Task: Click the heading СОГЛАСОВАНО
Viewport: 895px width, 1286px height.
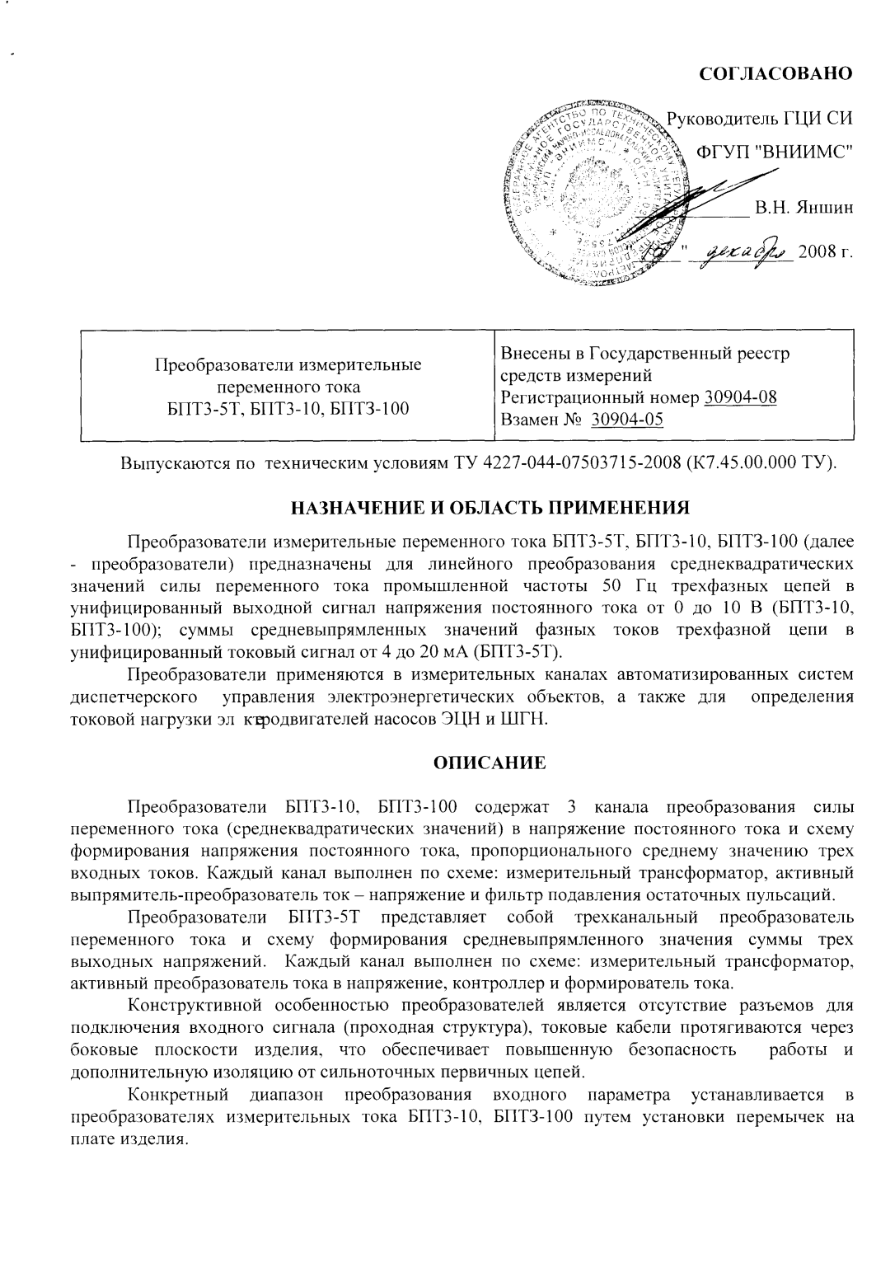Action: click(775, 73)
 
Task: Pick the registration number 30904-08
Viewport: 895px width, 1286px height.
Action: click(740, 397)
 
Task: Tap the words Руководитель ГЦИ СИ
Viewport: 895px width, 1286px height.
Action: click(759, 119)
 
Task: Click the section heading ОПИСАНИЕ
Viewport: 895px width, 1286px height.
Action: click(490, 763)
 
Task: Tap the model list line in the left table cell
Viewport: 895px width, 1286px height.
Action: click(288, 408)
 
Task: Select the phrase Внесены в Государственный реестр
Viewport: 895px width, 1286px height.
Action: click(645, 354)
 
